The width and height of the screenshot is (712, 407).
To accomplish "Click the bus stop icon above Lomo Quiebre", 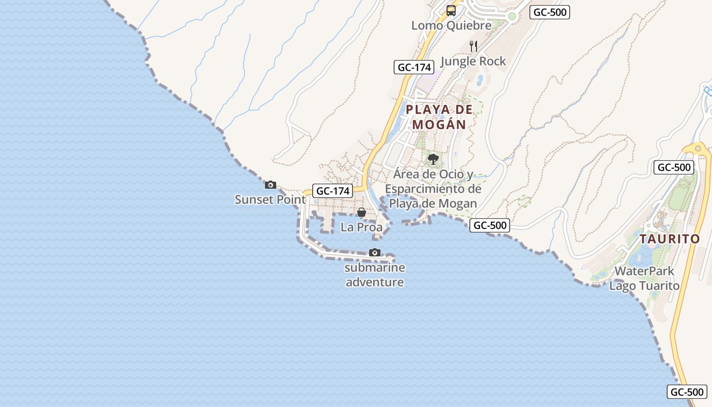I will click(451, 10).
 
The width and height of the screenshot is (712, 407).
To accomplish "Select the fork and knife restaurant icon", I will click(473, 46).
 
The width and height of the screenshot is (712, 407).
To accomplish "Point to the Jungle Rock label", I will click(473, 62).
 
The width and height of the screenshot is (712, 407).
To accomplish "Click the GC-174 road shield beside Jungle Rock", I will click(414, 67).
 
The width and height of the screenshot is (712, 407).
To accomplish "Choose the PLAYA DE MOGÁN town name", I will click(439, 117).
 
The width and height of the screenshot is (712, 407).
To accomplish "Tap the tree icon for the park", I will click(433, 159).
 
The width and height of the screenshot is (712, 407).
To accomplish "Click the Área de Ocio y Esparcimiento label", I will click(433, 189).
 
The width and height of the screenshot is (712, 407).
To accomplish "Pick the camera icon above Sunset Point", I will click(271, 185).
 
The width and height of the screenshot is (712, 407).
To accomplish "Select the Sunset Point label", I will click(270, 199).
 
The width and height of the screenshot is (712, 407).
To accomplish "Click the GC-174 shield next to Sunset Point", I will click(333, 191).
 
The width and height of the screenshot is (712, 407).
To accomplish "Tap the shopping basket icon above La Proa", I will click(362, 212).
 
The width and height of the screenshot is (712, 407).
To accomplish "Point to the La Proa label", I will click(361, 227).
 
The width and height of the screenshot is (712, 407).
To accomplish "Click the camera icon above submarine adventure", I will click(375, 252).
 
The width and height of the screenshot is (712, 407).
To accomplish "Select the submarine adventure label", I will click(375, 275).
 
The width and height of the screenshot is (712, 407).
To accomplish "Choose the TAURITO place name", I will click(669, 239).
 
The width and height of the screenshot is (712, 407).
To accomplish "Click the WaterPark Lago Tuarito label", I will click(644, 278).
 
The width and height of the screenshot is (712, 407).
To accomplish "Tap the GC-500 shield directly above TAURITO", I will click(673, 167).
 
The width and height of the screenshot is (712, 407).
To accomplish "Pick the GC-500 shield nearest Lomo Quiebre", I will click(549, 13).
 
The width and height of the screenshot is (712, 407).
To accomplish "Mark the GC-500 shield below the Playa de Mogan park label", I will click(489, 225).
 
